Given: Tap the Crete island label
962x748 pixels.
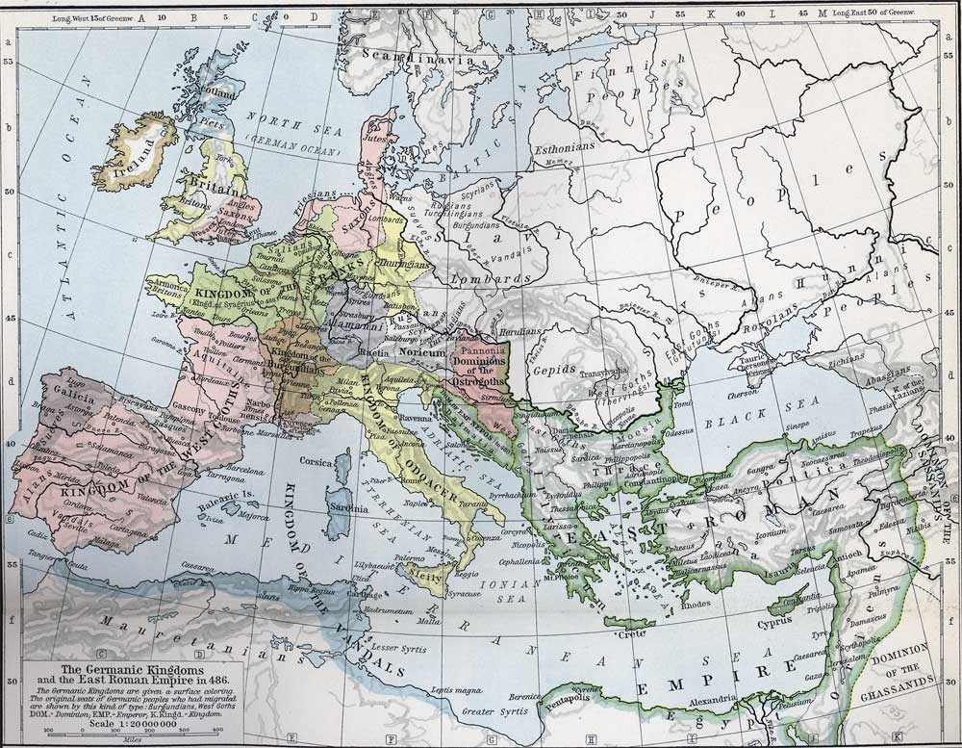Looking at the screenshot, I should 633,633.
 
